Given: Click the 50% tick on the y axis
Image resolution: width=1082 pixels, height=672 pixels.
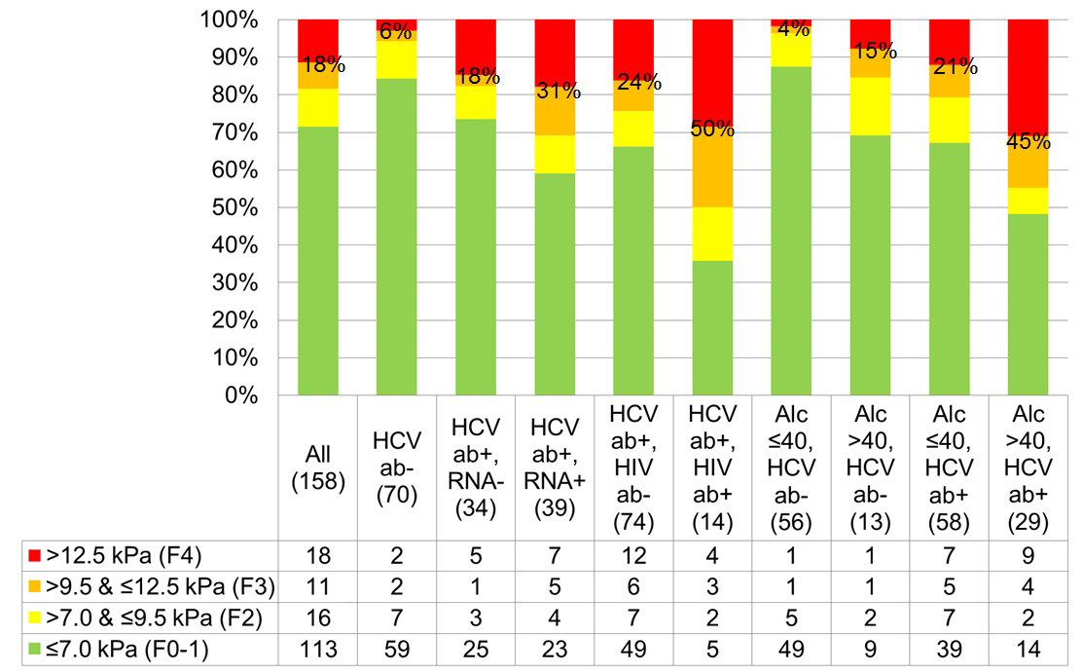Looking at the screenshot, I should pos(234,207).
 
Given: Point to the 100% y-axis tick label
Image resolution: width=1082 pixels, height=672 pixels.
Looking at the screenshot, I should pos(229,19).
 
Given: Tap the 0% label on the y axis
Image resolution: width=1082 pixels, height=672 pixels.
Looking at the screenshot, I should pos(239,396).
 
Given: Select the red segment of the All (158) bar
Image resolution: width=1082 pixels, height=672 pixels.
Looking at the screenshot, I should pos(317,39).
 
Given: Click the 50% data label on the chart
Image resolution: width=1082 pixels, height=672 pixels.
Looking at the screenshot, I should pos(713,128).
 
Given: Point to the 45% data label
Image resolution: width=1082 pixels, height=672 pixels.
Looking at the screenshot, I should pos(1028,142).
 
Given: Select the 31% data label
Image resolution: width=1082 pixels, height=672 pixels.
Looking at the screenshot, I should pos(556,92).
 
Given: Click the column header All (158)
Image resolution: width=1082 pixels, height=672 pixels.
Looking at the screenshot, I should pos(317,467).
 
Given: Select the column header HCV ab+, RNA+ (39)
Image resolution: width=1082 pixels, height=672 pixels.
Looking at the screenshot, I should pos(556,467).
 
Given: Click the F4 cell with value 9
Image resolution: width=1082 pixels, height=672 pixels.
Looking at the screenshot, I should pos(1028,557).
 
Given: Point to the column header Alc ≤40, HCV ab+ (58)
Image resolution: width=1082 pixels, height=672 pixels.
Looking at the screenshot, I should pos(950,467).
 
